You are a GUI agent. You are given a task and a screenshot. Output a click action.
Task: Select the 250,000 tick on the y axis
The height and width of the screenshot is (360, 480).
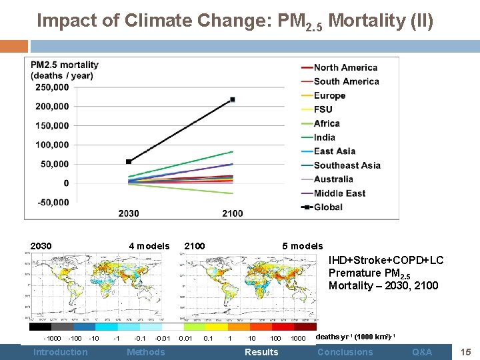click(x=52, y=87)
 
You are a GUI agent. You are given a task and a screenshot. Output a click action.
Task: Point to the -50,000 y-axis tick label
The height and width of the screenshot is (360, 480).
click(x=52, y=202)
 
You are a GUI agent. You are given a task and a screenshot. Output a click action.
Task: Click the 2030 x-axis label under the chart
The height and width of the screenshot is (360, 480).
click(x=129, y=213)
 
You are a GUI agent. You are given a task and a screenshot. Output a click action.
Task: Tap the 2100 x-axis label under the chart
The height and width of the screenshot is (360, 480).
click(x=233, y=213)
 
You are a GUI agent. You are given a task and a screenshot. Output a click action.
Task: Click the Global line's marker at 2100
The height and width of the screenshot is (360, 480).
click(x=233, y=100)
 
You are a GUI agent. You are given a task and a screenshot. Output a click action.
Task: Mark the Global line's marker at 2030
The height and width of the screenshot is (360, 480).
click(x=129, y=161)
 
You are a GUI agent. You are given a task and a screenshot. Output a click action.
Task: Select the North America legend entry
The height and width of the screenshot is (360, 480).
click(x=345, y=67)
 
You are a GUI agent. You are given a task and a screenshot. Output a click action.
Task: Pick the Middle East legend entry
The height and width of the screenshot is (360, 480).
click(x=339, y=193)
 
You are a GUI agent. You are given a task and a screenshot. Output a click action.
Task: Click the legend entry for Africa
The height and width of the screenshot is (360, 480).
click(x=327, y=123)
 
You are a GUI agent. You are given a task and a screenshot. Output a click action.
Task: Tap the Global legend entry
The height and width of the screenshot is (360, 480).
click(x=328, y=207)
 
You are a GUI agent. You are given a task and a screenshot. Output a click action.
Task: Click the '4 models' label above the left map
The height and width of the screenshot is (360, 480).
click(x=149, y=246)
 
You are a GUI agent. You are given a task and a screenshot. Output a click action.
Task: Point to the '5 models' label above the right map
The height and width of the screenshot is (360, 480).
click(x=302, y=246)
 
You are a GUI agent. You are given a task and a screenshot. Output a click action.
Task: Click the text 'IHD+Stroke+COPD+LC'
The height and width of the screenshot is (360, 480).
click(x=385, y=261)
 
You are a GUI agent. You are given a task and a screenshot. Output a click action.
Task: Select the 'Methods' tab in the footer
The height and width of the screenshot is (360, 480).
click(x=145, y=352)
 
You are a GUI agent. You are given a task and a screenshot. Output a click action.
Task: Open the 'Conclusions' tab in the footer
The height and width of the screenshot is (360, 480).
click(x=345, y=352)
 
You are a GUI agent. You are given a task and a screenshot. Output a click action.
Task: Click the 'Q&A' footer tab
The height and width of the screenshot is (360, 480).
click(x=421, y=352)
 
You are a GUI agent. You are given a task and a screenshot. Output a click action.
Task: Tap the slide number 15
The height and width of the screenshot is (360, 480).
click(x=467, y=351)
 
